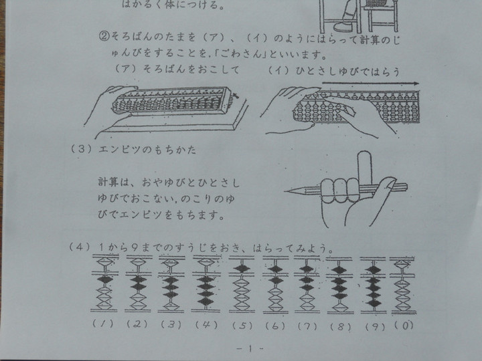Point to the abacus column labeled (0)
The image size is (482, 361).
point(404,283)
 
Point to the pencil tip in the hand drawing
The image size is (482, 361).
point(287,192)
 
